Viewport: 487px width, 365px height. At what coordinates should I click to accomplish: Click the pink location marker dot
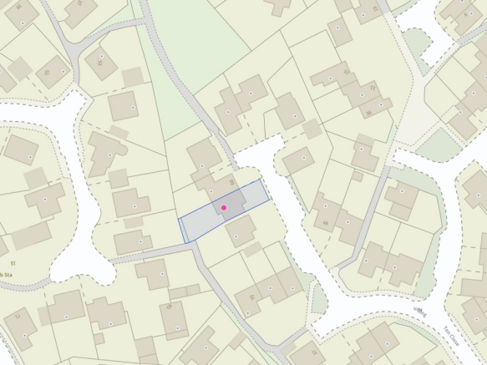224,207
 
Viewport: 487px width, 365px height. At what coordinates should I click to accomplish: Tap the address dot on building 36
379,106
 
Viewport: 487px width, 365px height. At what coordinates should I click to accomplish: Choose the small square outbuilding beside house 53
133,77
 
